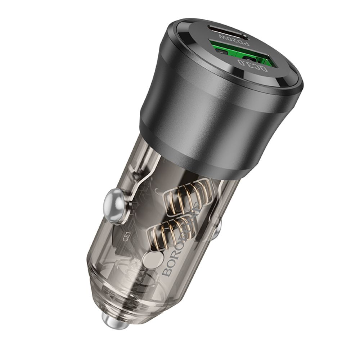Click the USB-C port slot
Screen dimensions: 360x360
tap(226, 33)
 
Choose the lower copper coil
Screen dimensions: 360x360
tap(169, 230)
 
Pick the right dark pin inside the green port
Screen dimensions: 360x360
tap(248, 58)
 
